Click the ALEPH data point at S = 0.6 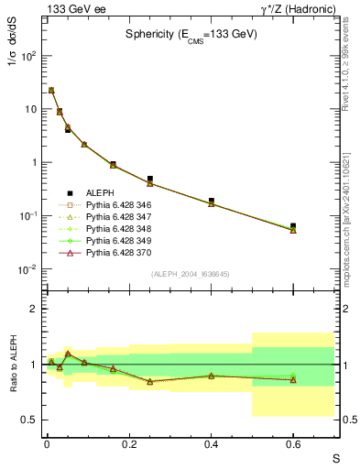point(293,225)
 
